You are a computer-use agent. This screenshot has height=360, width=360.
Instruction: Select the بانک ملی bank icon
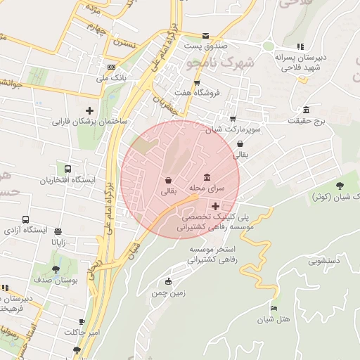[111, 67]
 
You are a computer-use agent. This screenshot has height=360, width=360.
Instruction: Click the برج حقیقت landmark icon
[306, 110]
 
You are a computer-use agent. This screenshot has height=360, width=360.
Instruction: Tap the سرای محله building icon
[206, 177]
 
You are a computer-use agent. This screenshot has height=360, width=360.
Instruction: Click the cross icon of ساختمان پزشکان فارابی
[89, 110]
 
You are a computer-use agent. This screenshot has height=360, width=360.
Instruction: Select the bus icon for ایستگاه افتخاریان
[67, 169]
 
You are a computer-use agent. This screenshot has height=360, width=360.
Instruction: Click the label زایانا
[58, 241]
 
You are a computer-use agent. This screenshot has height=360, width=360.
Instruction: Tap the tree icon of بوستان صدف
[56, 269]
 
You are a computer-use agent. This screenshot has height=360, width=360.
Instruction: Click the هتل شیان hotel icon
[274, 309]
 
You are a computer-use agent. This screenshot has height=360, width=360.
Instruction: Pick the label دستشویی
[324, 259]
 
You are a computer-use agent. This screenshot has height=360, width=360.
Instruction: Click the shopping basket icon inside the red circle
[168, 180]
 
